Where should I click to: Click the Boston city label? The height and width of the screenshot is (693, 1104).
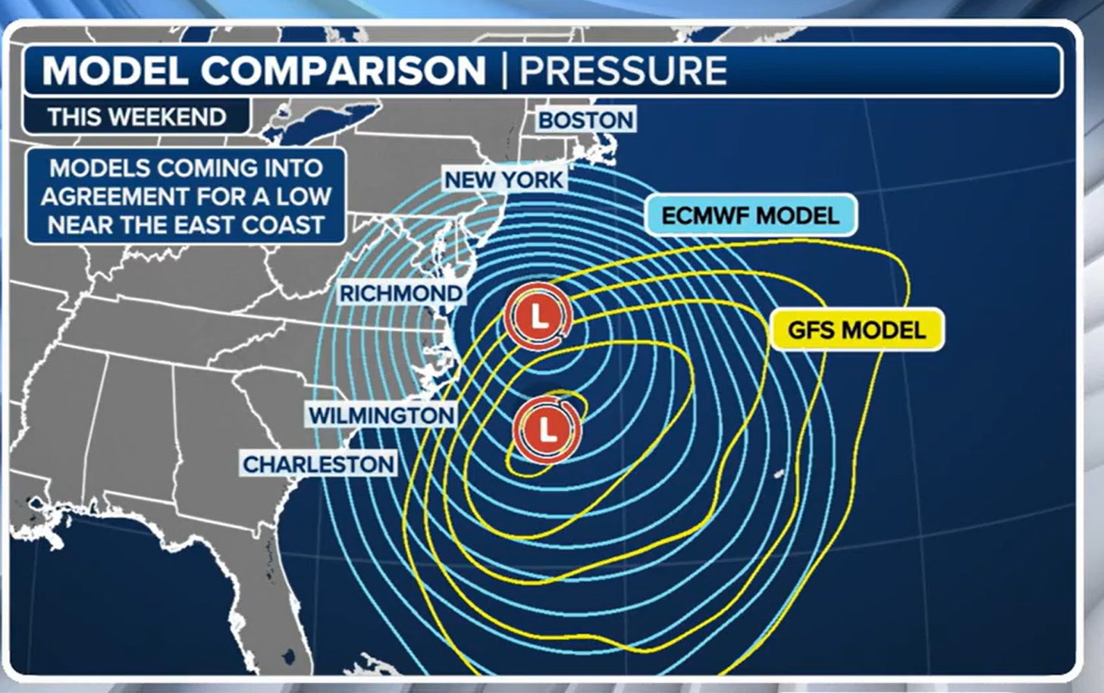(585, 120)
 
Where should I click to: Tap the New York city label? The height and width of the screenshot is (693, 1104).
(504, 180)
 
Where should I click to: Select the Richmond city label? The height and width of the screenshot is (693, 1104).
(400, 293)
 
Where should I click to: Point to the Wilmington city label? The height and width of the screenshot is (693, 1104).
(381, 415)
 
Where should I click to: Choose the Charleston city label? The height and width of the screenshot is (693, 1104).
(318, 464)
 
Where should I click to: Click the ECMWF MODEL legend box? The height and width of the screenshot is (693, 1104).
(750, 215)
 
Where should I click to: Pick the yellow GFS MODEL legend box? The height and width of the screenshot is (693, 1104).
(856, 330)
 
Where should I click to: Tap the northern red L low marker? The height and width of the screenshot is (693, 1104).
(538, 316)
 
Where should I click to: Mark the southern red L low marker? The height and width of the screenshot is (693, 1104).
(547, 430)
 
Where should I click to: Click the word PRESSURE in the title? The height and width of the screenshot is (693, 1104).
(623, 71)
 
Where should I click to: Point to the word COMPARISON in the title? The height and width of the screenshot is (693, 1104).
(343, 71)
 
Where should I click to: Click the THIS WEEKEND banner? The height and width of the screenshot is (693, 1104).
(136, 117)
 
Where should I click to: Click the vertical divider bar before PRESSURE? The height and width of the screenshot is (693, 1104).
(503, 71)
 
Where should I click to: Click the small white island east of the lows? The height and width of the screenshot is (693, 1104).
(778, 475)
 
